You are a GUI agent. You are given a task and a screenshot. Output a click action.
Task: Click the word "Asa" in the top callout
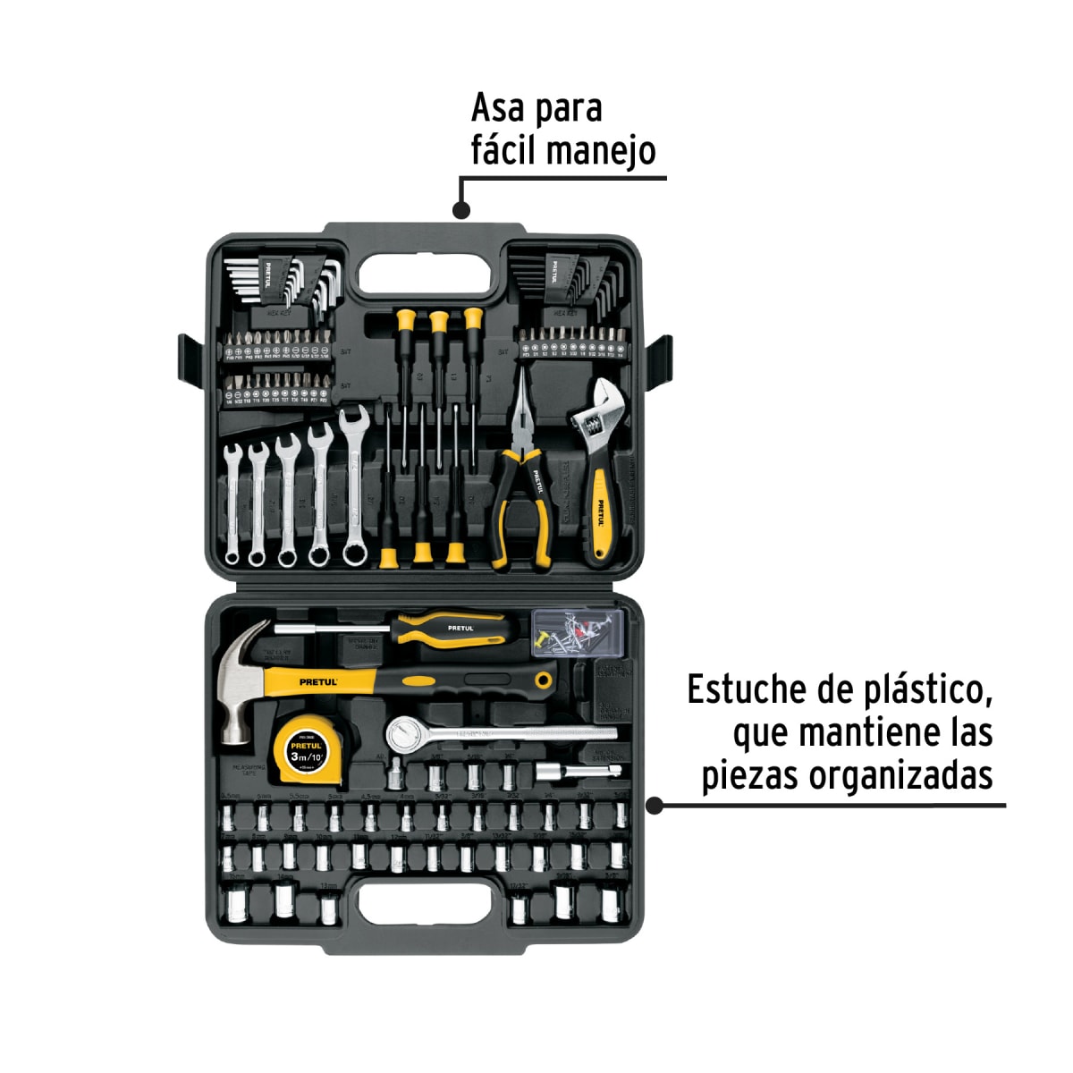pyautogui.click(x=497, y=108)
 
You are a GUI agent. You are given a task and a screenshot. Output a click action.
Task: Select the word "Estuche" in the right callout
pyautogui.click(x=747, y=690)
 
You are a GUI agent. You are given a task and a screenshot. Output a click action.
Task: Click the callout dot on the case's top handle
pyautogui.click(x=461, y=211)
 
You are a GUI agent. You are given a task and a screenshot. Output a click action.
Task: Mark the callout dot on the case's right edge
pyautogui.click(x=655, y=806)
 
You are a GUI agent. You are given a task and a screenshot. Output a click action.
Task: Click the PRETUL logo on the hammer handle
pyautogui.click(x=318, y=682)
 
